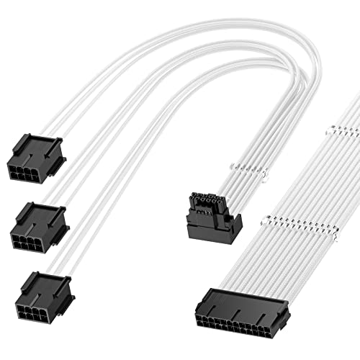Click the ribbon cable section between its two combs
(x=324, y=176)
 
